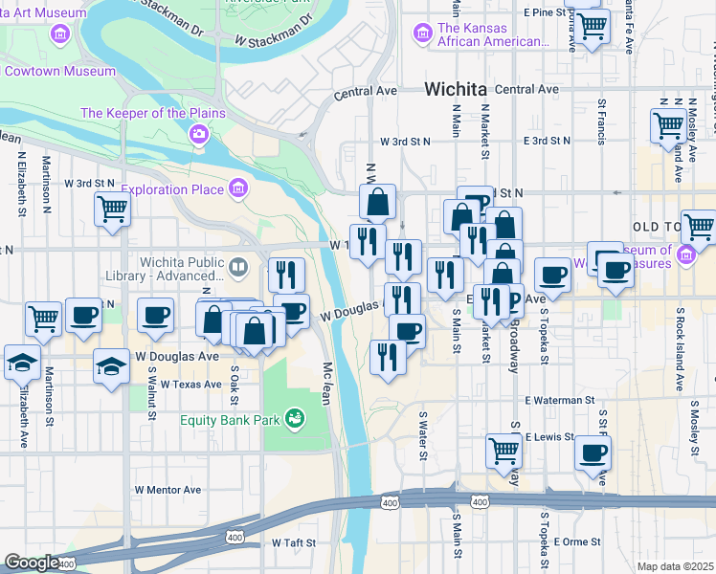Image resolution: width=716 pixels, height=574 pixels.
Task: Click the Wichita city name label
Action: tap(454, 89)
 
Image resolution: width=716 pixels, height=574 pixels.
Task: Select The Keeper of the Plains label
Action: tap(153, 113)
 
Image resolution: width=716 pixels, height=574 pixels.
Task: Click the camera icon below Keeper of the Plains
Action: tap(198, 133)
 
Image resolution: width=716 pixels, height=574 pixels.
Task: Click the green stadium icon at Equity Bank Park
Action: tap(296, 418)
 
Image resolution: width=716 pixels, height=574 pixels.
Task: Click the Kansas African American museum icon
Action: tap(421, 34)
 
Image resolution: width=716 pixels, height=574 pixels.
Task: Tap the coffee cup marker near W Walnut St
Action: tap(155, 315)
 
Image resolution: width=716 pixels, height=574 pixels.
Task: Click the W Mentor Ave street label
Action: tap(168, 490)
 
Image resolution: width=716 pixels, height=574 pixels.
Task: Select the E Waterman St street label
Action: tap(560, 400)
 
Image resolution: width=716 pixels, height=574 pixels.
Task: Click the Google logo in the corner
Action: tap(32, 563)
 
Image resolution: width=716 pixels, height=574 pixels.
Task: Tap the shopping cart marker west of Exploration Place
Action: tap(112, 209)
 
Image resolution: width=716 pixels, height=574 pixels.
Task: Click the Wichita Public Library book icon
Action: tap(238, 265)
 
